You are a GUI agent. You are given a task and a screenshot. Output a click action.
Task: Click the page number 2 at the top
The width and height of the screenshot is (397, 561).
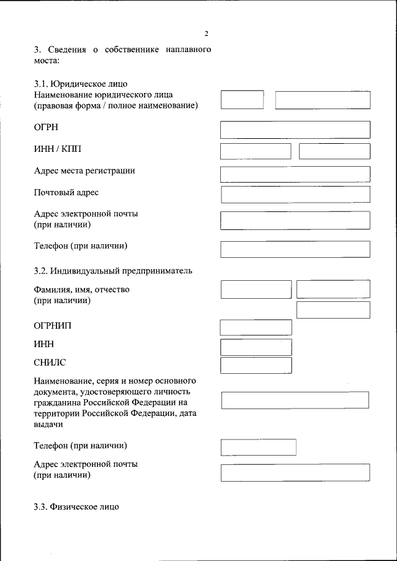pyautogui.click(x=207, y=33)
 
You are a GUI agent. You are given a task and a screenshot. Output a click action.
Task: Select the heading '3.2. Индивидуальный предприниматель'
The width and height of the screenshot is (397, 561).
pyautogui.click(x=113, y=270)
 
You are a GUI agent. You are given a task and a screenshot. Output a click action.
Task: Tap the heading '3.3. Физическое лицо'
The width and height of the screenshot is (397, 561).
pyautogui.click(x=76, y=506)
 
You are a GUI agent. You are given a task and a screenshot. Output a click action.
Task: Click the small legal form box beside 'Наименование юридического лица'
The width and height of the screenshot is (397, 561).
pyautogui.click(x=242, y=100)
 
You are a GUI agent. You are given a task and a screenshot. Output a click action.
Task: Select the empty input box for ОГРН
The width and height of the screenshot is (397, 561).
pyautogui.click(x=295, y=130)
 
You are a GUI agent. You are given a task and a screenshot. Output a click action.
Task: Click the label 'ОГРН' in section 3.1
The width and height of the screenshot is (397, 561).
pyautogui.click(x=46, y=127)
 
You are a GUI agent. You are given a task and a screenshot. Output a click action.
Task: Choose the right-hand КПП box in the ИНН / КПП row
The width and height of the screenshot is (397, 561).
pyautogui.click(x=334, y=151)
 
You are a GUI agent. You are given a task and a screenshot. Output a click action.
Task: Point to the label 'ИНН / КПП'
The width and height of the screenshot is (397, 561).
pyautogui.click(x=58, y=149)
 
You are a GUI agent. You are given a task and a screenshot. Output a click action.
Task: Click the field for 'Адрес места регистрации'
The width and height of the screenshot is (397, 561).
pyautogui.click(x=295, y=174)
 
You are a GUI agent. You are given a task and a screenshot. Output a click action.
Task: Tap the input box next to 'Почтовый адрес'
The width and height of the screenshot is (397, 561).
pyautogui.click(x=295, y=195)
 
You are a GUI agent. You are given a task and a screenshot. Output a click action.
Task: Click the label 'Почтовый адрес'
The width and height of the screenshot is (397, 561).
pyautogui.click(x=66, y=193)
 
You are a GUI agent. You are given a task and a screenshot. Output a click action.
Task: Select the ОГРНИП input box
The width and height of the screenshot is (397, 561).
pyautogui.click(x=256, y=327)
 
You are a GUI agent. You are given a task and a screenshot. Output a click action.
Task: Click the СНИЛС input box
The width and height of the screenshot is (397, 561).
pyautogui.click(x=256, y=365)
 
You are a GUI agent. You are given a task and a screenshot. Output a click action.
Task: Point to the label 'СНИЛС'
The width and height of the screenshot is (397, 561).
pyautogui.click(x=50, y=362)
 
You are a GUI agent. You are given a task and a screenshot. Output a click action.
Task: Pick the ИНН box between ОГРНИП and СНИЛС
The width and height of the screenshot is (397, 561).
pyautogui.click(x=256, y=347)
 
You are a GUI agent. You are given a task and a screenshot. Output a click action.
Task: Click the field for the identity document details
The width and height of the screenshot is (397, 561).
pyautogui.click(x=295, y=400)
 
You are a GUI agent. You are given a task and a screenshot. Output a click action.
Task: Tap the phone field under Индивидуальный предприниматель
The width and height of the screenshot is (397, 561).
pyautogui.click(x=259, y=447)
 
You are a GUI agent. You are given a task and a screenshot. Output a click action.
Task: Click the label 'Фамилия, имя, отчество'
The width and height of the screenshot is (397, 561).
pyautogui.click(x=81, y=289)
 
